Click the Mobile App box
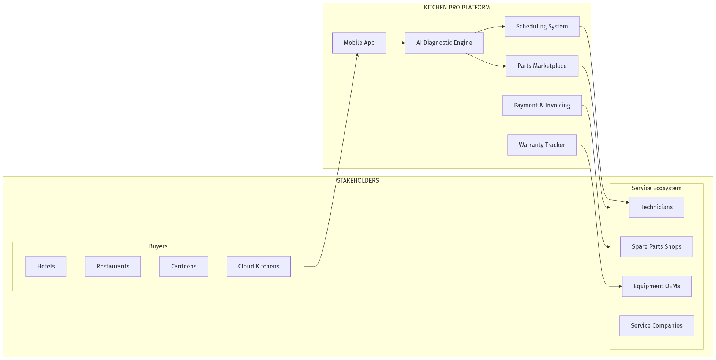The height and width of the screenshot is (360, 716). [359, 43]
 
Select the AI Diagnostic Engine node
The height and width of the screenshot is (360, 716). [444, 43]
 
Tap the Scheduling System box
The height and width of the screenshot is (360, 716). [542, 27]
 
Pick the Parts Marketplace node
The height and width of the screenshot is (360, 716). [542, 66]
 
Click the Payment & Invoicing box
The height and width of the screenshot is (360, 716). [542, 106]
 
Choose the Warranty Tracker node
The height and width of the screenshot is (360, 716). [542, 145]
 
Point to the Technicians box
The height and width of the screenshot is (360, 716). [656, 207]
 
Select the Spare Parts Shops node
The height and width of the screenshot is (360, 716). [656, 247]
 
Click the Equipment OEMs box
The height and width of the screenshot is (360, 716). [656, 286]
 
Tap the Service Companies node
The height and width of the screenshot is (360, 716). [656, 326]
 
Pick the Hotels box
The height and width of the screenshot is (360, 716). [46, 267]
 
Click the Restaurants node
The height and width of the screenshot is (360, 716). [113, 267]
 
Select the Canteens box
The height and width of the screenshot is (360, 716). [184, 267]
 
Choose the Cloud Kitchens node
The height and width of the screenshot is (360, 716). [259, 267]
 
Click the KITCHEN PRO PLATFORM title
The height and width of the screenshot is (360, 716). [457, 8]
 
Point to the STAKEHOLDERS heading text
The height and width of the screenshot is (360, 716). [358, 181]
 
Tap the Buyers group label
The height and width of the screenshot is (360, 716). [158, 246]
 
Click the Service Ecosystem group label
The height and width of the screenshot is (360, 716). [656, 188]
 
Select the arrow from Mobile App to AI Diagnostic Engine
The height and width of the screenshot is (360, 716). [395, 43]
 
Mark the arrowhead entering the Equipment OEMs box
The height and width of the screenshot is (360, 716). [620, 286]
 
